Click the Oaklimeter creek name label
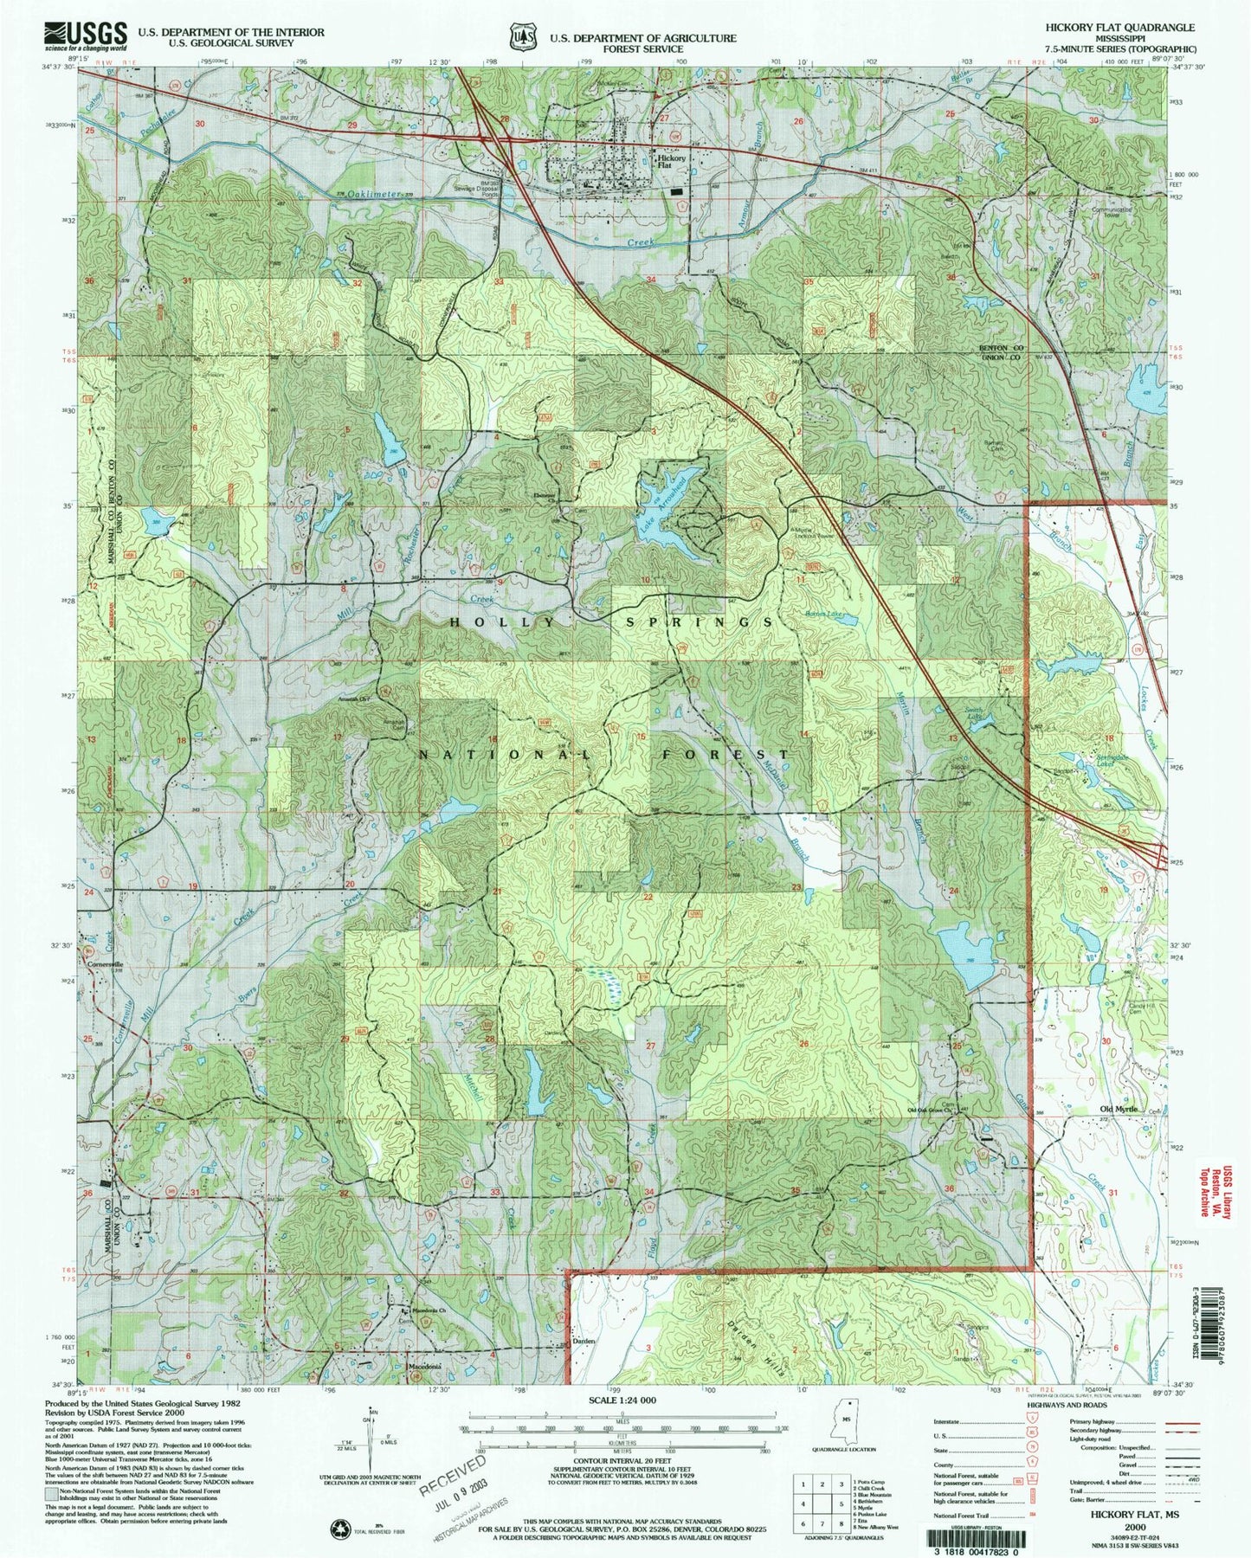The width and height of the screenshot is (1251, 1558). (371, 196)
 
